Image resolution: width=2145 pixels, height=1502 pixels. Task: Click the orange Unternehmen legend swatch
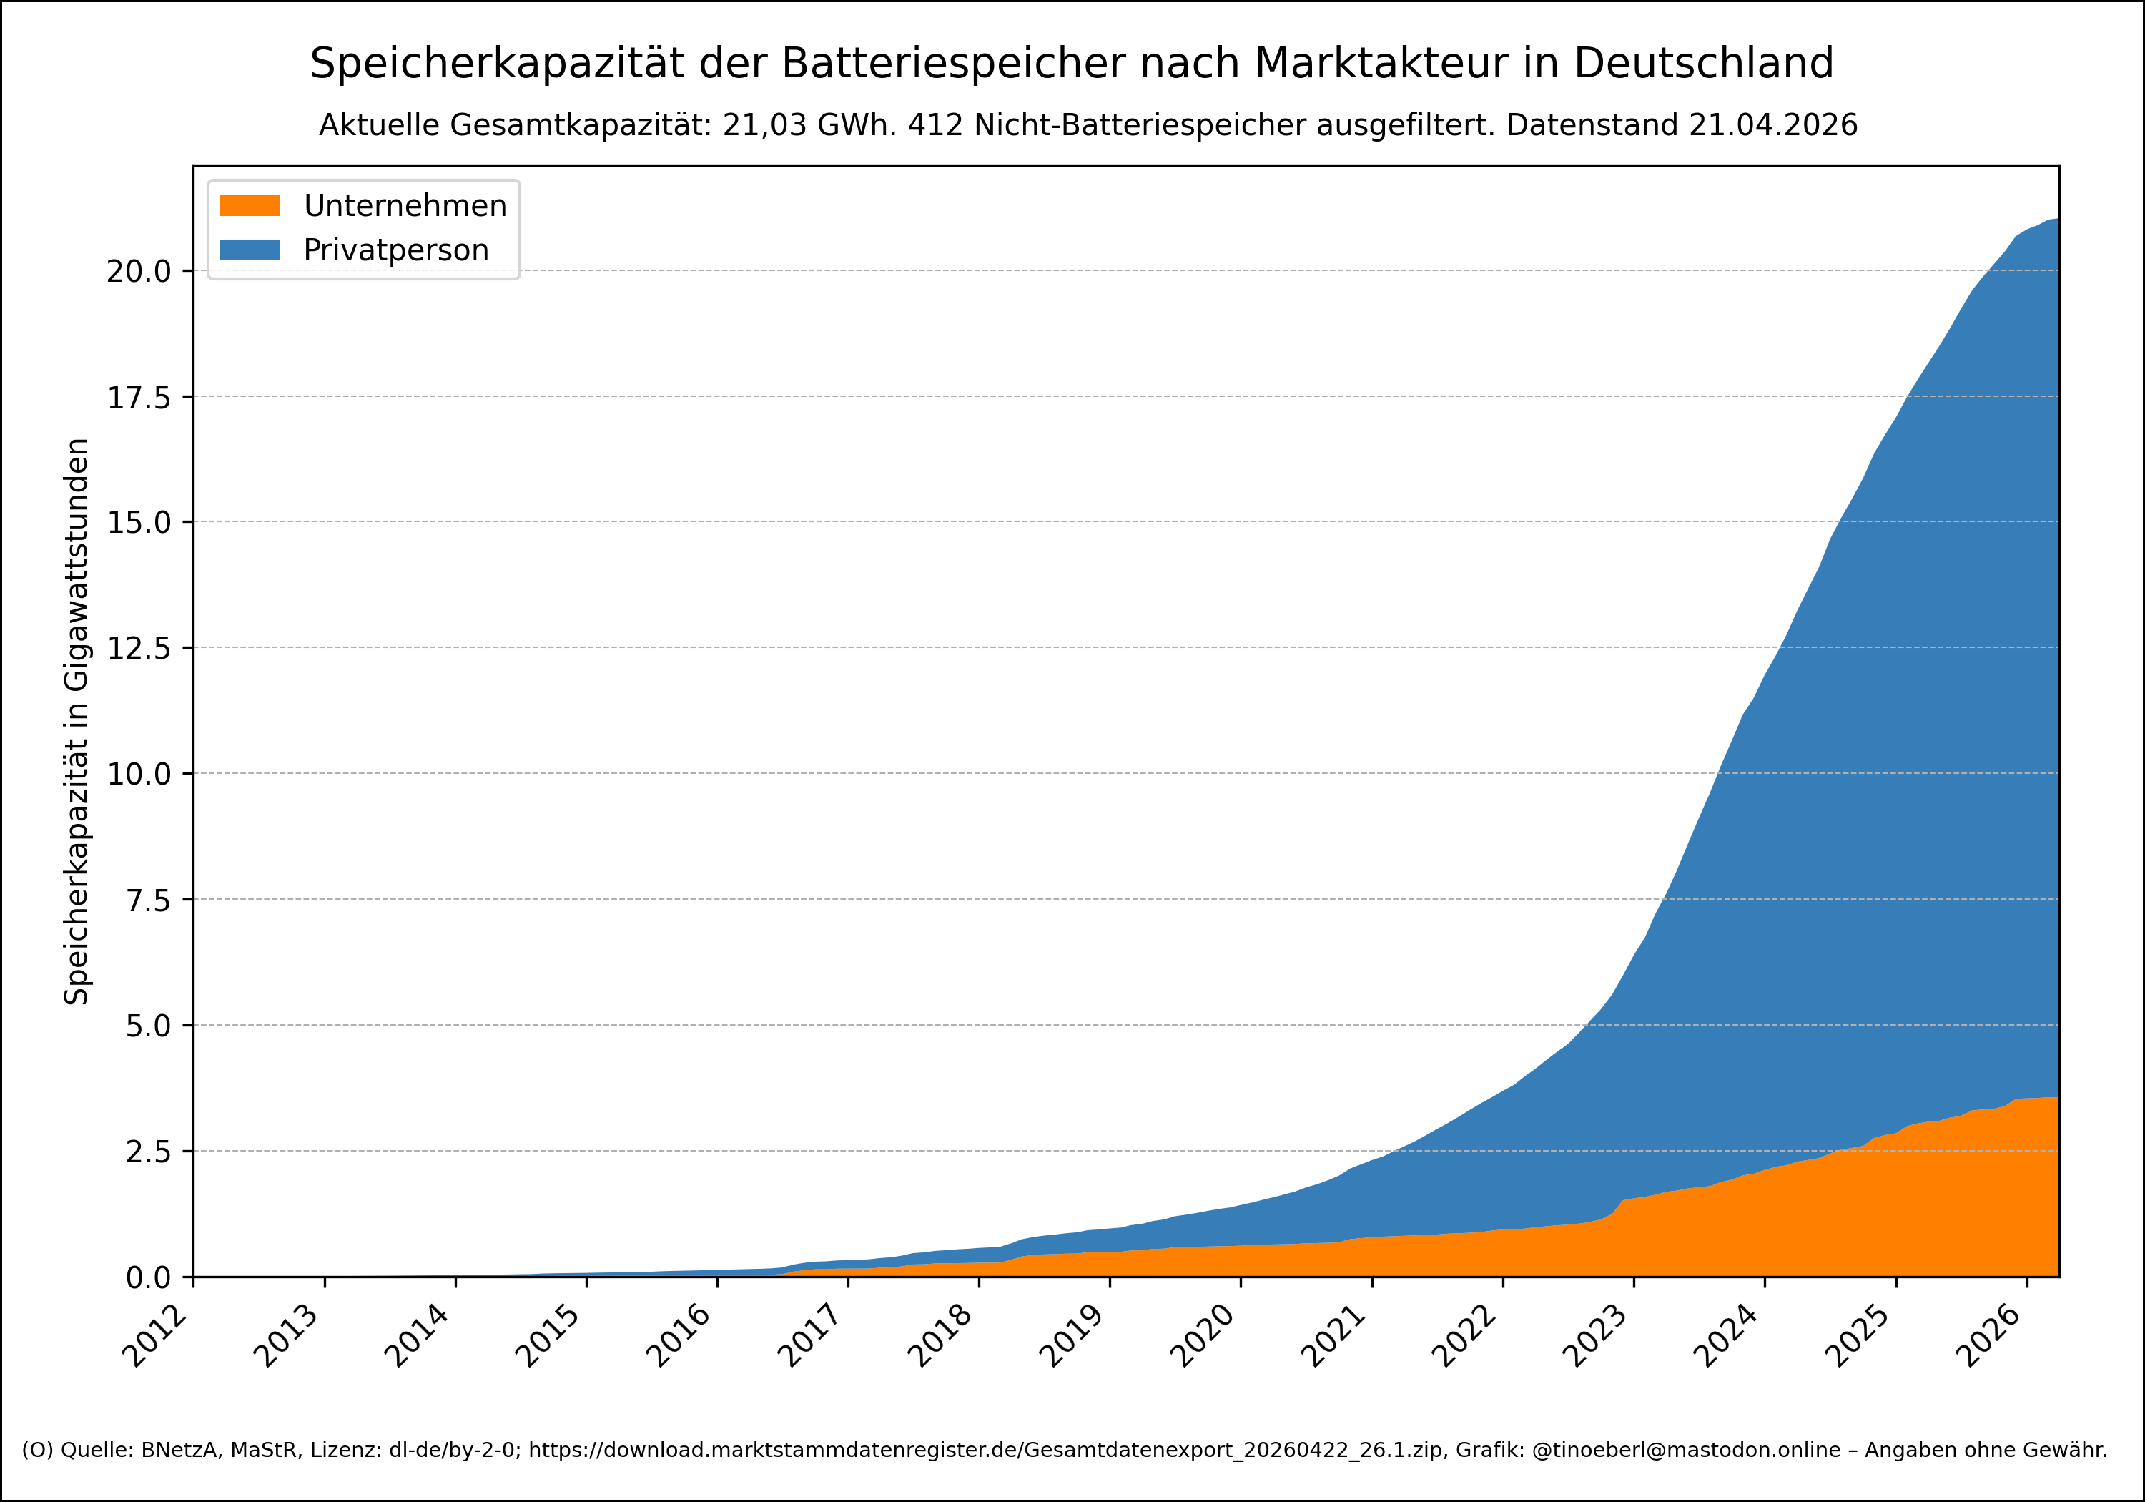[x=250, y=205]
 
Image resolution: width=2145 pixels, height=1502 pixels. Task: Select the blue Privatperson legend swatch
[x=250, y=250]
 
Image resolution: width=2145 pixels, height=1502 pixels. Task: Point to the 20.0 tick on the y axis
[x=138, y=271]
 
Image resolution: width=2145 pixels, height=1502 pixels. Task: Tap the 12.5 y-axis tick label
[x=138, y=648]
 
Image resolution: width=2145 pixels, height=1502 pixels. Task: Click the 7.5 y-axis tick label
[x=147, y=899]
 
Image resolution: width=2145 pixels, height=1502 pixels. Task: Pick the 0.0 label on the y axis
[x=147, y=1277]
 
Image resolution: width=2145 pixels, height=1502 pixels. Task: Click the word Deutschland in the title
[x=1703, y=64]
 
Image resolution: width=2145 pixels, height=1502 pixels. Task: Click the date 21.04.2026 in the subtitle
[x=1772, y=125]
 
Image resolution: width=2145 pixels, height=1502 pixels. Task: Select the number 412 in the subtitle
[x=935, y=125]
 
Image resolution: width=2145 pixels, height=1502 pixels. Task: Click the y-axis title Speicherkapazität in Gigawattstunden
[x=77, y=721]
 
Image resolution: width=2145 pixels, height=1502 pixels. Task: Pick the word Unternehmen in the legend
[x=405, y=205]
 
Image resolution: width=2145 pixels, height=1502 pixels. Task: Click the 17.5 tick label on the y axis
[x=138, y=397]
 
